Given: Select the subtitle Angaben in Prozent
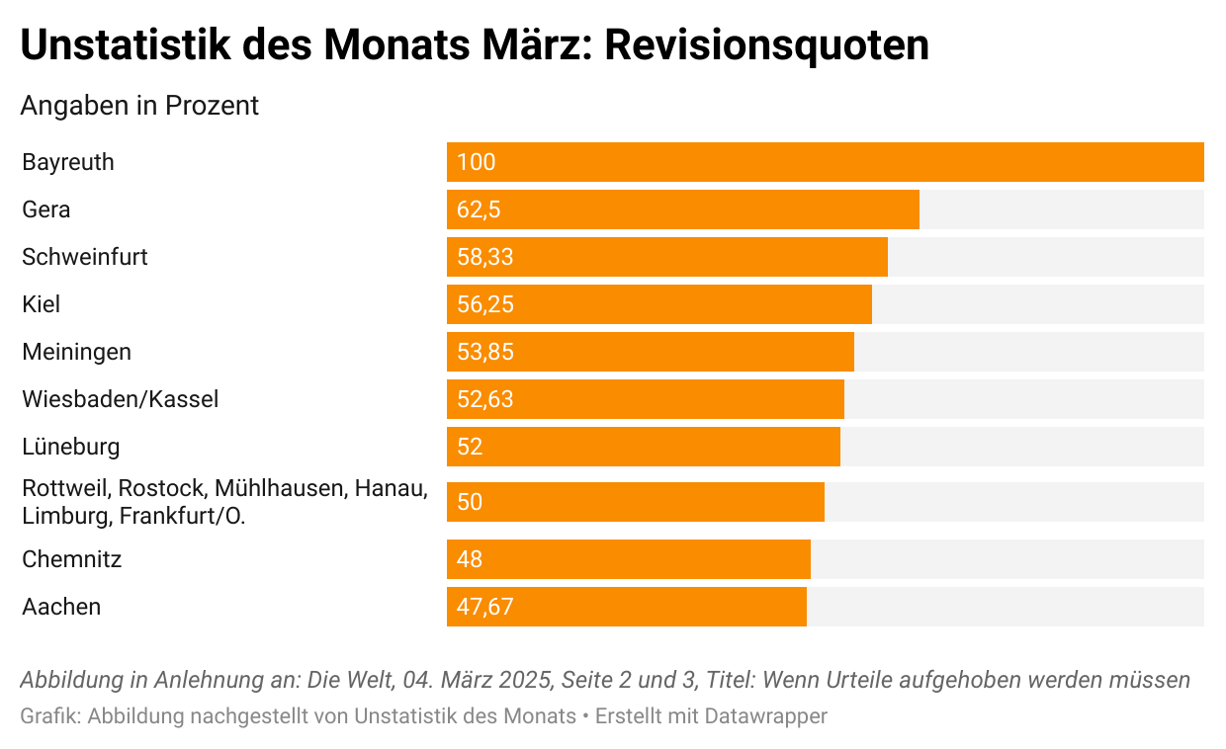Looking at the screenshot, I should [139, 106].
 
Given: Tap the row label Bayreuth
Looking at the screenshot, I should [68, 162].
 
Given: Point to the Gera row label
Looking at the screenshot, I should [46, 209].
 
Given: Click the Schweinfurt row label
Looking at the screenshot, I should [85, 257].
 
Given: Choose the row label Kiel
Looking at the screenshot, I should [42, 304].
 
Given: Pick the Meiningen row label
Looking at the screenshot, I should [76, 352].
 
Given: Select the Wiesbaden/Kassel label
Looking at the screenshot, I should [121, 399].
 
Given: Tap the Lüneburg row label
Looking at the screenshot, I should [71, 447].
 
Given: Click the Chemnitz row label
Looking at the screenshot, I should [72, 559].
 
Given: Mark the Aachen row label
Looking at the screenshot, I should [61, 607].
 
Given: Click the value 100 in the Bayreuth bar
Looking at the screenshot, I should [476, 162].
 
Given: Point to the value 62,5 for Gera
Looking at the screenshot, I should [479, 209].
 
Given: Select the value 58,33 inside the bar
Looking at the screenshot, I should [485, 257].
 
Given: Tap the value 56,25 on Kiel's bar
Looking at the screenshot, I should [485, 304].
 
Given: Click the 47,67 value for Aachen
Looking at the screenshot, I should [485, 607].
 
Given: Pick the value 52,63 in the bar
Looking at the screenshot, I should [485, 399].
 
